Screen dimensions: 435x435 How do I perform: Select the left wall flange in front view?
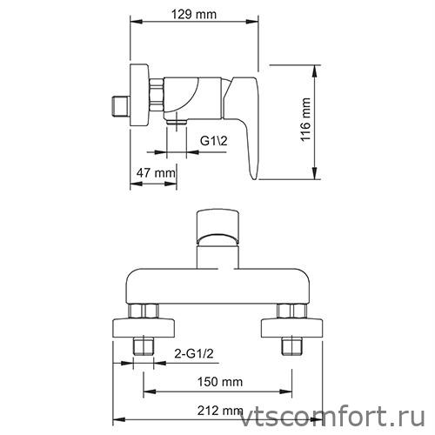(144, 328)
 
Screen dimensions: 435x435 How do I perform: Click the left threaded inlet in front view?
(143, 348)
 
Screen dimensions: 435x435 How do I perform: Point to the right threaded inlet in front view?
(290, 348)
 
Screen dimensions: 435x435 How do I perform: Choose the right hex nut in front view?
(290, 311)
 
